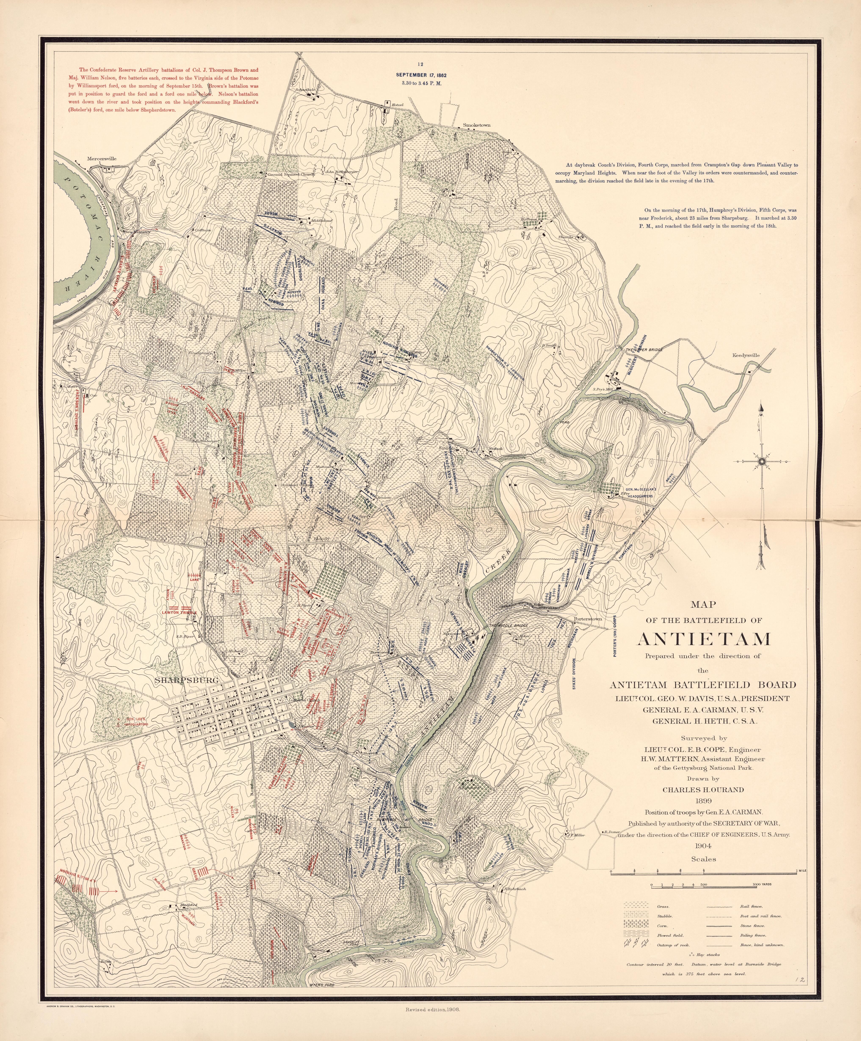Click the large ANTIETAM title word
point(703,639)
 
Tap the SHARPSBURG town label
point(186,680)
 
